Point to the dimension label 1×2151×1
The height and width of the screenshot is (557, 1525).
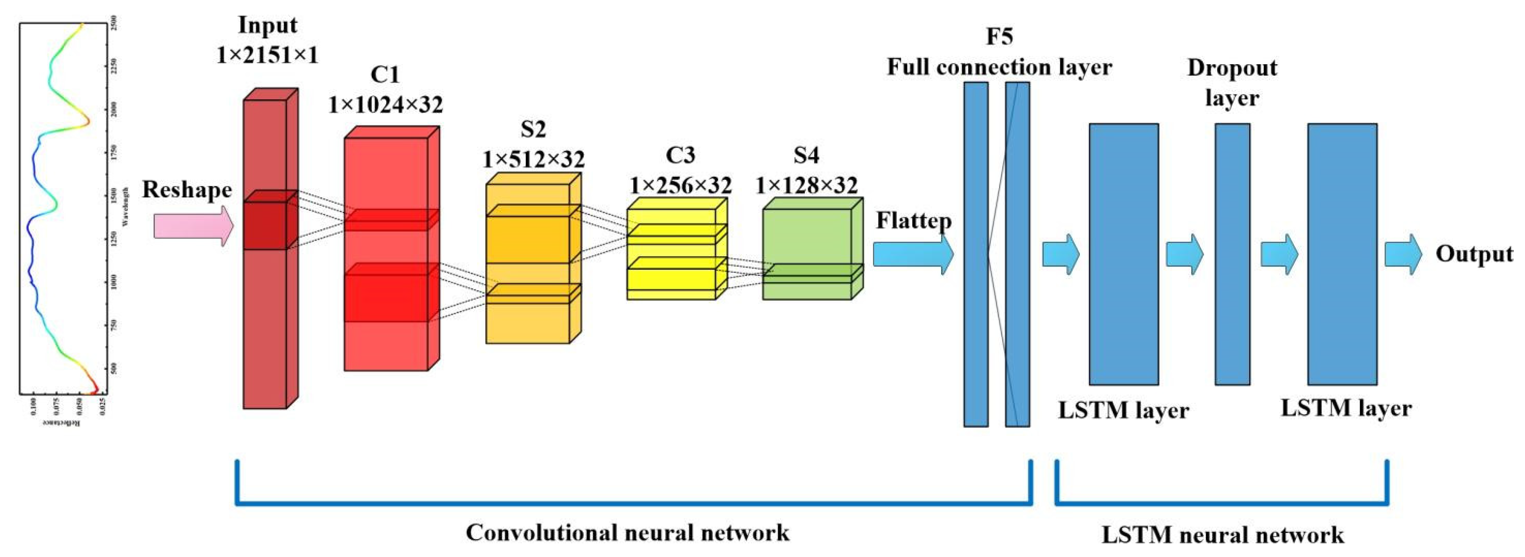267,56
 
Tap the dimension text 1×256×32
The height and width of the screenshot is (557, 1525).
680,186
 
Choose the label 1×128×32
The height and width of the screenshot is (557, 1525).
806,186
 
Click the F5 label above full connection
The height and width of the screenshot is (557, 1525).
999,37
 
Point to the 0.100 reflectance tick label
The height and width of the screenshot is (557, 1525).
33,406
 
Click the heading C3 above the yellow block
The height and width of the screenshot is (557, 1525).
680,155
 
